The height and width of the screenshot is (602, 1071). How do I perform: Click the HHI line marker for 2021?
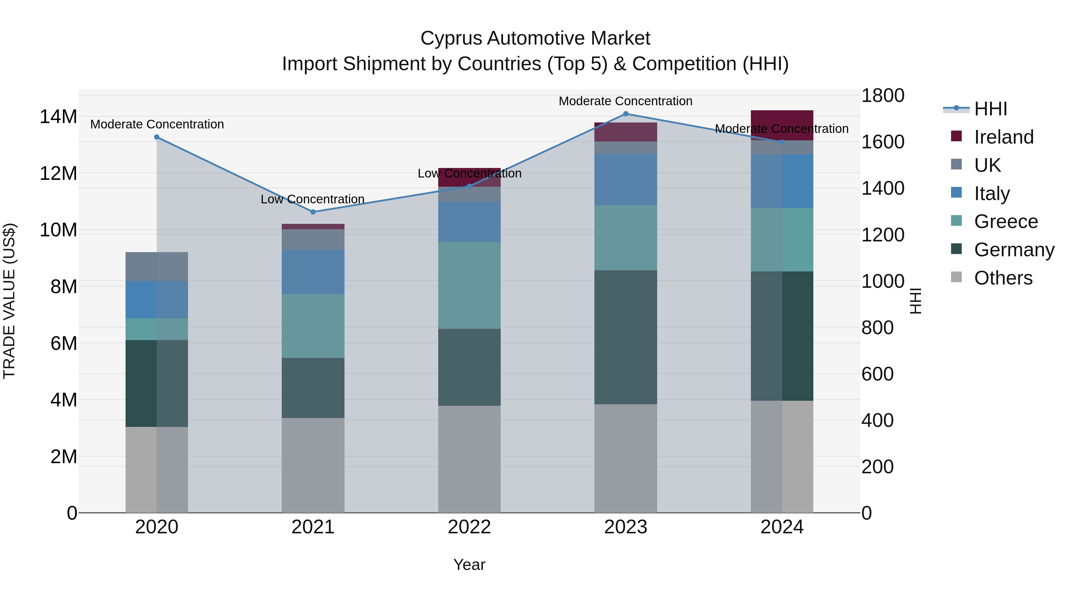313,212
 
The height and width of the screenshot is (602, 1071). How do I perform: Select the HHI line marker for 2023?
626,114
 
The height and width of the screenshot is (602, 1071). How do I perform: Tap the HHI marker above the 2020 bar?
157,137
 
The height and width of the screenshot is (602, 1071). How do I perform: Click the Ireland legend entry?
1003,137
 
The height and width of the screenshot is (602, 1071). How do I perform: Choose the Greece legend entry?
1005,221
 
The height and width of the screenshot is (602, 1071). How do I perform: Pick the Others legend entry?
1003,278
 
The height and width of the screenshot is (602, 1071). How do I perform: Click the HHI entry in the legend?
990,109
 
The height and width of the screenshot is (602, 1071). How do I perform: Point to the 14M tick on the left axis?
58,117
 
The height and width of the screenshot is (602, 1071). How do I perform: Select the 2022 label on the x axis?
469,527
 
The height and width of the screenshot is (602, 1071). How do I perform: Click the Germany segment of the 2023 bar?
626,337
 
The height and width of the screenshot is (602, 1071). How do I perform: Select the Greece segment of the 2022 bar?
469,285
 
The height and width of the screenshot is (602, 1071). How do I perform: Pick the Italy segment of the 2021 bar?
313,272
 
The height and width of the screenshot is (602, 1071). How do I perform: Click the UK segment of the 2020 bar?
157,266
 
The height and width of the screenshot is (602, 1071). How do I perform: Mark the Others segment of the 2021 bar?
313,465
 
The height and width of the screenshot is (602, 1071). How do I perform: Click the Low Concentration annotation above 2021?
313,199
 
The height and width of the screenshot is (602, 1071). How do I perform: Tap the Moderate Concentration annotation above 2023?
625,101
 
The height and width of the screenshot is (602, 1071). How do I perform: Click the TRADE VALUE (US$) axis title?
9,301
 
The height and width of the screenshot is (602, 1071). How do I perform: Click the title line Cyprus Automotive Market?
535,38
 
